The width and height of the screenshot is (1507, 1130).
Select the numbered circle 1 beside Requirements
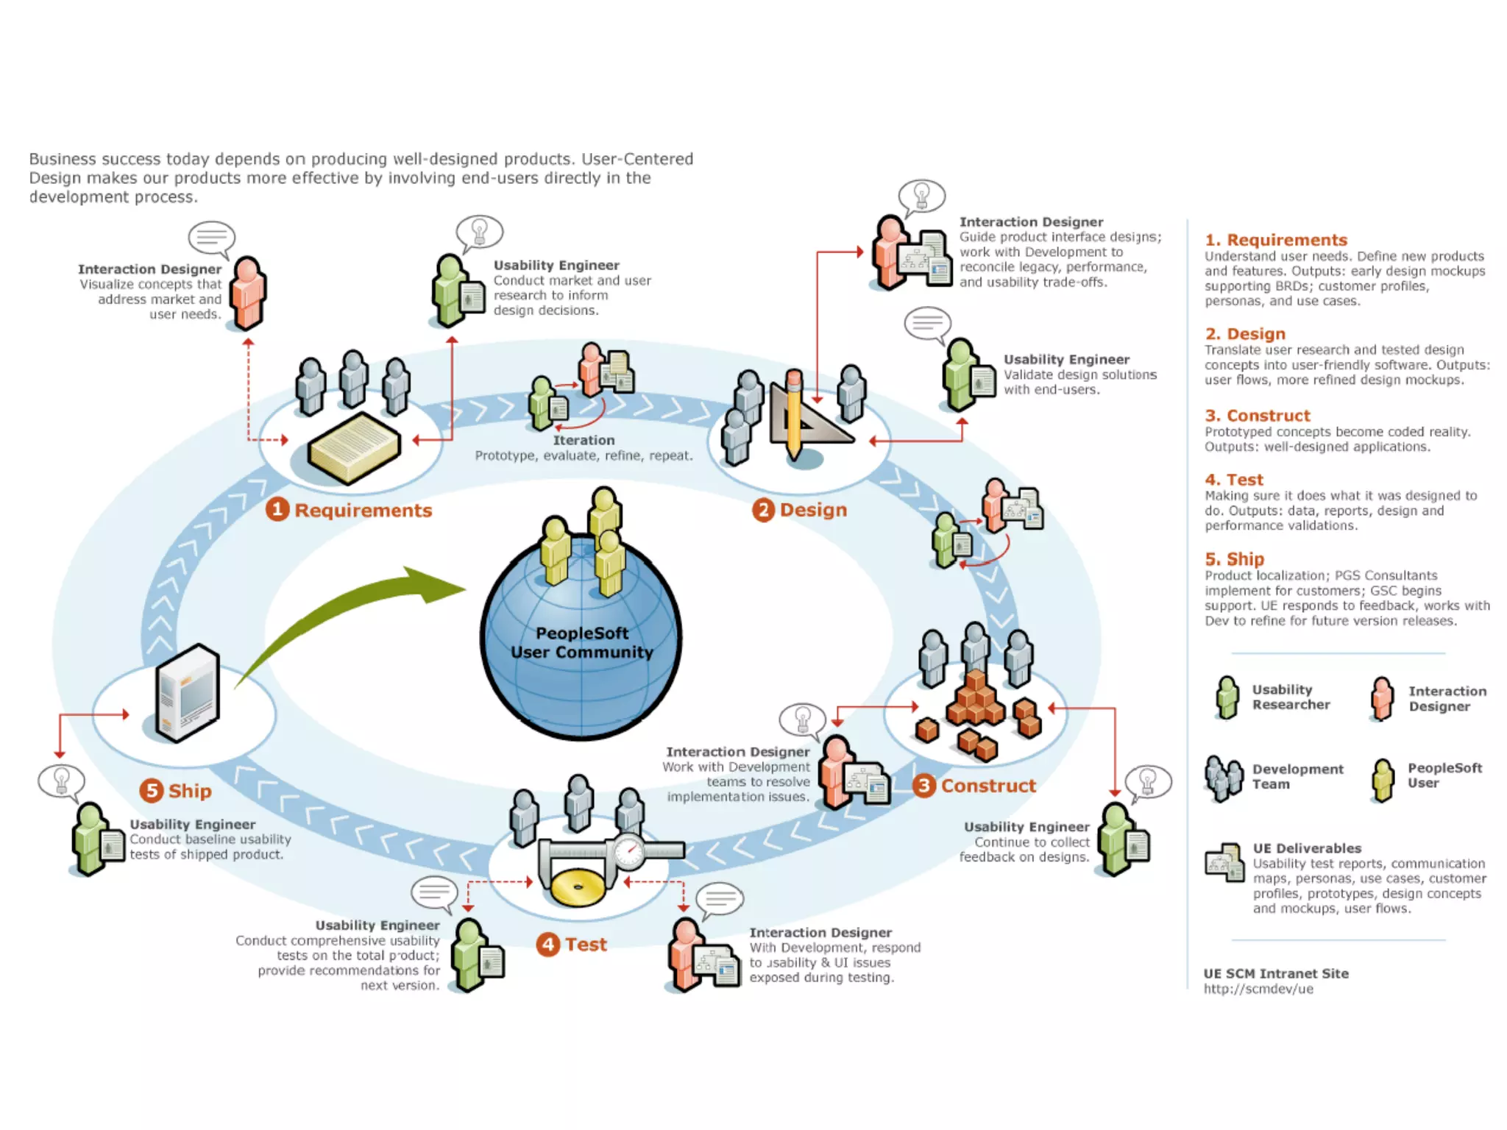[277, 509]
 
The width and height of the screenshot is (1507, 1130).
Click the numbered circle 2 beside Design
[763, 510]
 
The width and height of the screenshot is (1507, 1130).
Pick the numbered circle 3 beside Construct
[924, 786]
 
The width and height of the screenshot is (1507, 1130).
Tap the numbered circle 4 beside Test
[547, 944]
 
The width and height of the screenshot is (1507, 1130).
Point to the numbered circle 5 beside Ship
[152, 791]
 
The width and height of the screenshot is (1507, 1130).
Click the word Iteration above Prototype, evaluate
[584, 440]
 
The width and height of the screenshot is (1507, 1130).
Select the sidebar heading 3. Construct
[1257, 416]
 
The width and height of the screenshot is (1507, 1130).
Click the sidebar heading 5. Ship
[1234, 559]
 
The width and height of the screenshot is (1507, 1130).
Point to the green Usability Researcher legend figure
[1227, 697]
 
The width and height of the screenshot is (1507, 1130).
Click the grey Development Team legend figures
[1224, 778]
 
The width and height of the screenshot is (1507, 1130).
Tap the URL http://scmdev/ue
[1258, 989]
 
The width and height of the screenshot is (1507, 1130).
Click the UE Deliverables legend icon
[1224, 862]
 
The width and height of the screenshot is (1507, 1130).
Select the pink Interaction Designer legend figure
[1382, 698]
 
